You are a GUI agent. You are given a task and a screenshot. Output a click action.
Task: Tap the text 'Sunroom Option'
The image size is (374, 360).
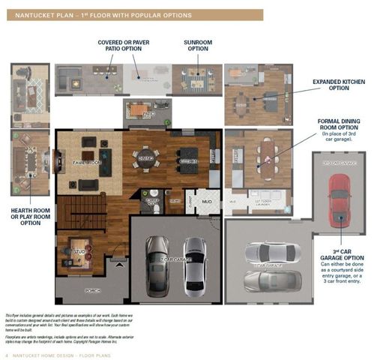197,45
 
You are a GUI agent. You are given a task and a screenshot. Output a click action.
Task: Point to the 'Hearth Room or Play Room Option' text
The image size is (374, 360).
30,217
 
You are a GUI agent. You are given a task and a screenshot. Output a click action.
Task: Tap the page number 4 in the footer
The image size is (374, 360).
7,354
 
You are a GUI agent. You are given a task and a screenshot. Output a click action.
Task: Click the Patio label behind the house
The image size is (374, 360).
148,114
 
